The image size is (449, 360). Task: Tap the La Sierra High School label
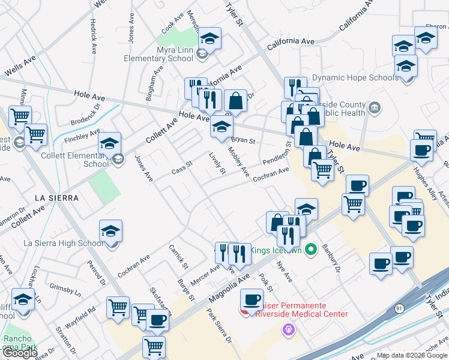[63, 243]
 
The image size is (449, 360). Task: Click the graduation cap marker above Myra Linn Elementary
[209, 39]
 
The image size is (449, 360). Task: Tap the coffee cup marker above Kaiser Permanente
[252, 299]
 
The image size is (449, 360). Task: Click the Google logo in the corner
[19, 353]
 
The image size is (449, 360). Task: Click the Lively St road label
[217, 163]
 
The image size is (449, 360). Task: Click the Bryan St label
[243, 141]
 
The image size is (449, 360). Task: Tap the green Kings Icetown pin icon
[310, 250]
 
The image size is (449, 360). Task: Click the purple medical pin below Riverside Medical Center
[289, 329]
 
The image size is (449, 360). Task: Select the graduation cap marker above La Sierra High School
[111, 231]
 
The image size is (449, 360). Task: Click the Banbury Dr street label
[331, 257]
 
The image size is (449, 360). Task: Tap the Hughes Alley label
[423, 179]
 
